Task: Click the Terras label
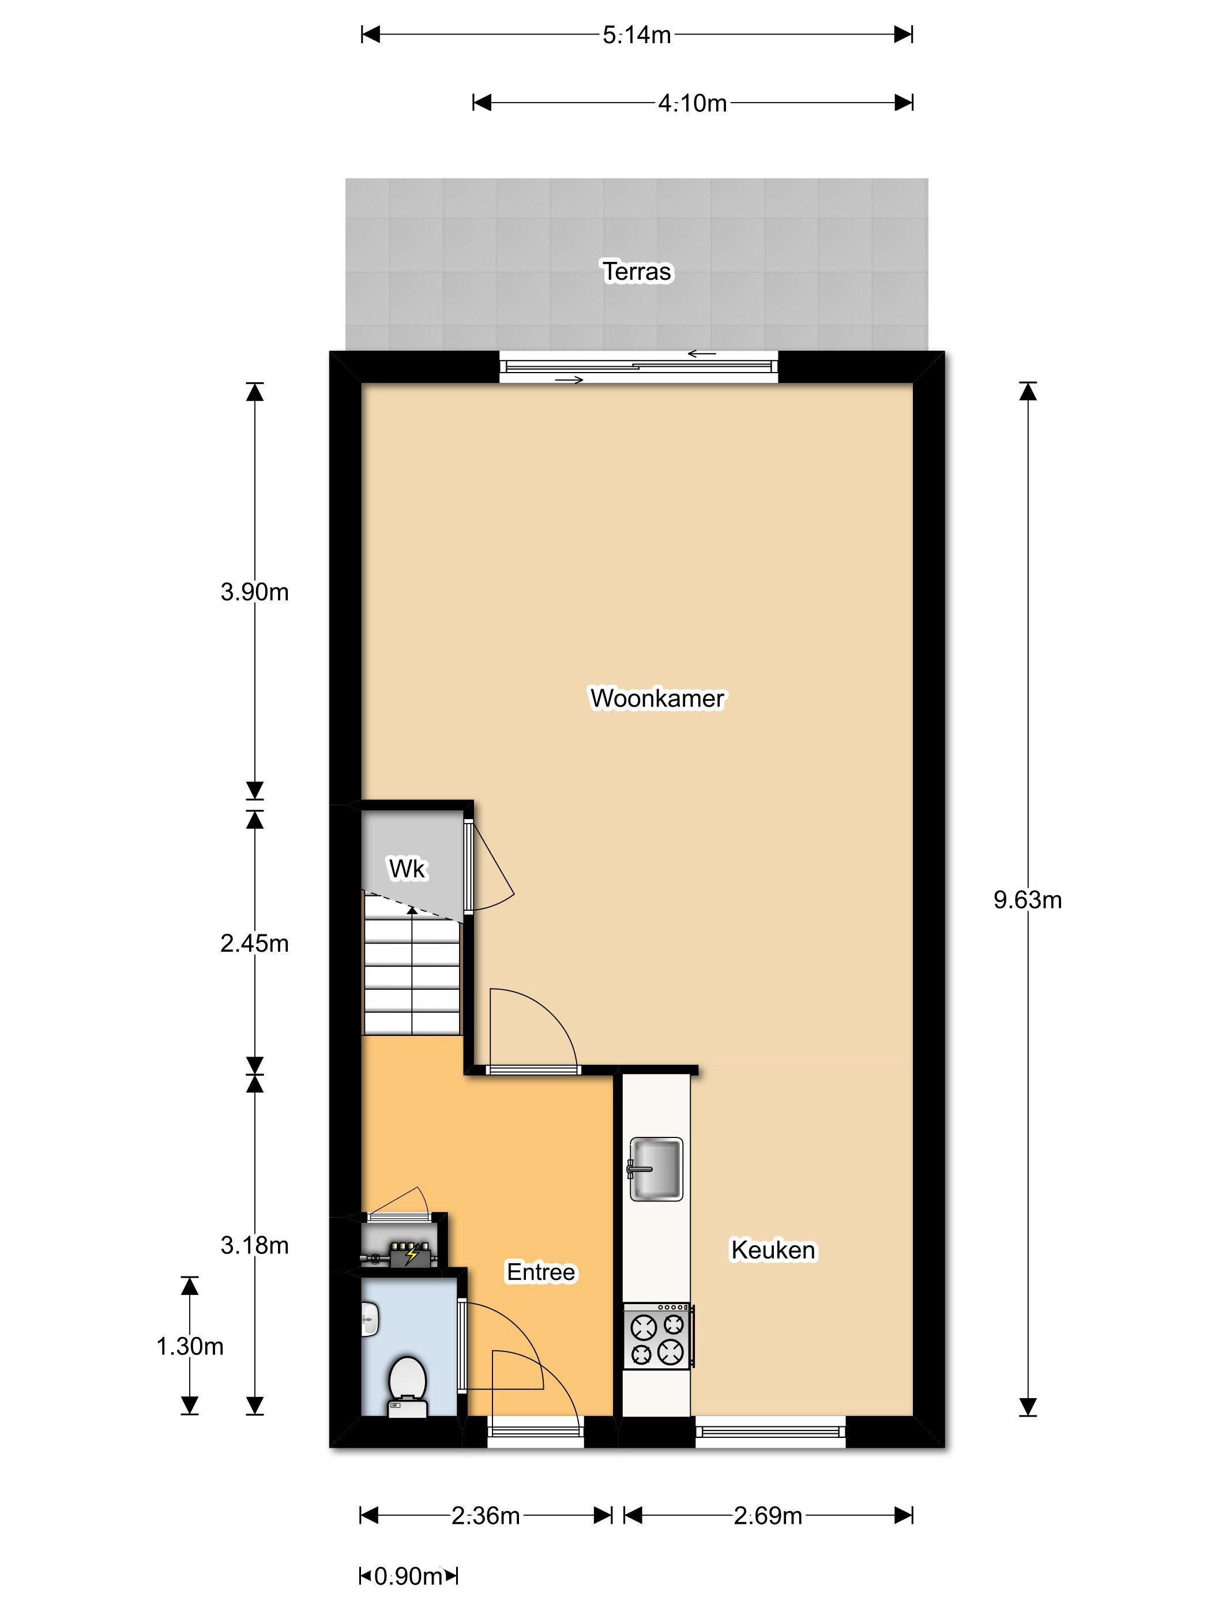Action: click(637, 272)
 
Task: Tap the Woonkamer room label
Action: click(657, 698)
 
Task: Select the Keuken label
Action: click(773, 1250)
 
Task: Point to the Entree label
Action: click(541, 1272)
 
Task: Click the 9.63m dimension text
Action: click(1027, 900)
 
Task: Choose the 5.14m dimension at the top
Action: click(637, 35)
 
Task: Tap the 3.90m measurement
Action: click(255, 592)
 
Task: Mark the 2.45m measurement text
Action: click(255, 944)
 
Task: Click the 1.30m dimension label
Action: click(190, 1346)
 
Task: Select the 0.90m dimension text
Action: click(408, 1576)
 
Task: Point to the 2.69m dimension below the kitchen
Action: click(768, 1516)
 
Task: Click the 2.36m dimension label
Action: click(486, 1516)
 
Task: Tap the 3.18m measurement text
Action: click(255, 1245)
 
